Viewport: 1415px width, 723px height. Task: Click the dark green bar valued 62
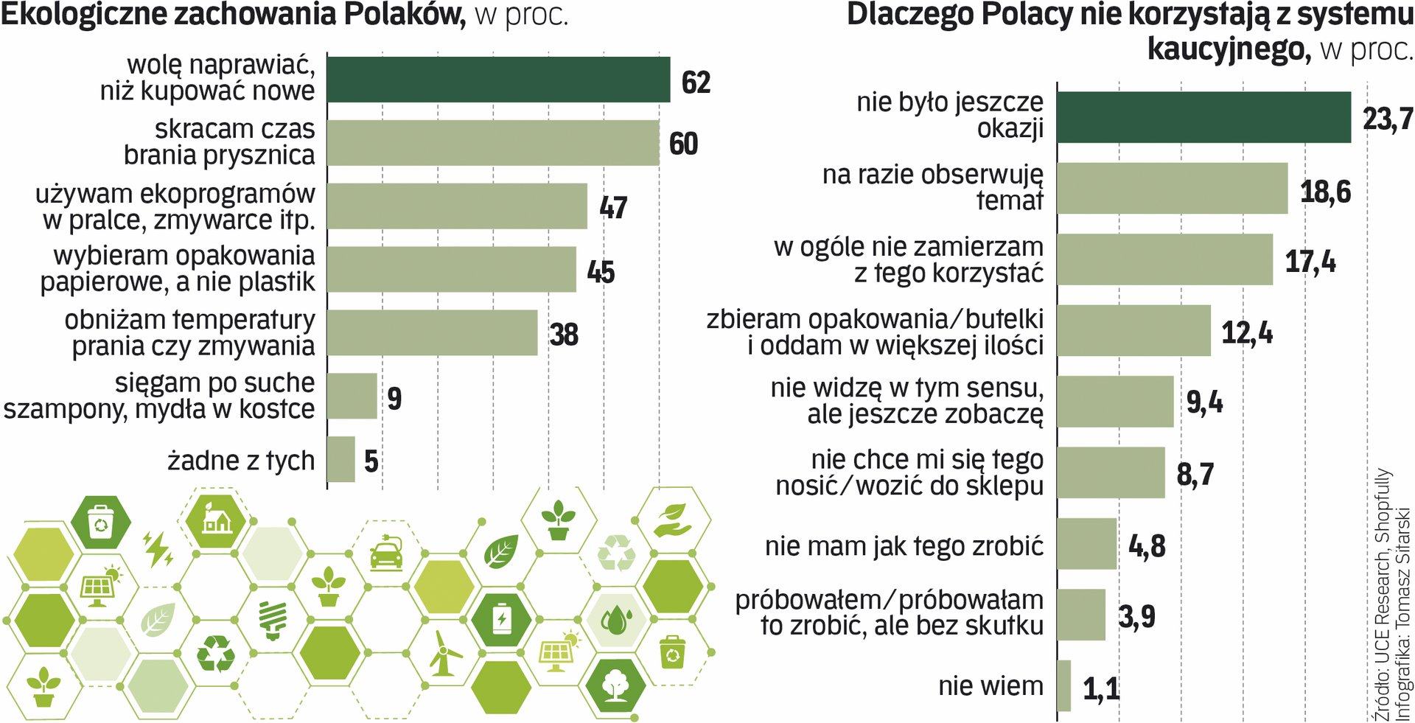tap(498, 80)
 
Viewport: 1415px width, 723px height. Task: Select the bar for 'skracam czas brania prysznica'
tap(492, 143)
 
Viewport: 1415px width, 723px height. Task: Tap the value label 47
tap(613, 208)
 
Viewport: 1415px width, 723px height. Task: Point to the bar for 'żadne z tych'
tap(340, 459)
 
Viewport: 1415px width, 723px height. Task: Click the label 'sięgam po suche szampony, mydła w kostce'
tap(159, 396)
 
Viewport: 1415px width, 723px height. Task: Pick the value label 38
tap(564, 335)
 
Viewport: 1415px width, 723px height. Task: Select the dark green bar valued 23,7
tap(1203, 117)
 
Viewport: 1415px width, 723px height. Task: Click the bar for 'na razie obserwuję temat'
tap(1172, 189)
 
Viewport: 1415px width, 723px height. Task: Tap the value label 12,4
tap(1247, 332)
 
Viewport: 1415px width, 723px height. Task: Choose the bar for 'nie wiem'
tap(1063, 685)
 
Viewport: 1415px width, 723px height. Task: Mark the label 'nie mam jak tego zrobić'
tap(904, 546)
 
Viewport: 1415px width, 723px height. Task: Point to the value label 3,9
tap(1136, 617)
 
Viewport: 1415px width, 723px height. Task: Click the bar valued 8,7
tap(1111, 472)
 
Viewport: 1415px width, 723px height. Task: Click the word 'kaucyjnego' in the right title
tap(1229, 49)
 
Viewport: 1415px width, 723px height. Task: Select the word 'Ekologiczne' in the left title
tap(81, 15)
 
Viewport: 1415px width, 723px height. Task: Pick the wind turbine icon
tap(443, 653)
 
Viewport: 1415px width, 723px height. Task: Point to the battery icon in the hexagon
tap(501, 618)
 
